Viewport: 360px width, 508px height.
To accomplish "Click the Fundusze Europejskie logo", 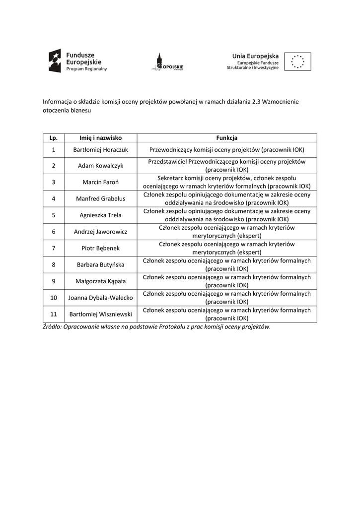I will click(77, 62).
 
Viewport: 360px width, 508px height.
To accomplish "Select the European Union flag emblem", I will click(298, 62).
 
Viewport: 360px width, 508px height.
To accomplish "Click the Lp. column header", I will click(54, 137).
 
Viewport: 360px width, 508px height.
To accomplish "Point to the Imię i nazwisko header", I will click(101, 137).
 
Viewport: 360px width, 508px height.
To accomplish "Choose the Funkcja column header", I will click(226, 137).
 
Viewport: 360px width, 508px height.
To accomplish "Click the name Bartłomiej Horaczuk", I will click(101, 149).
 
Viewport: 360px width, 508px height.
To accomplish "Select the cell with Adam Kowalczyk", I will click(101, 166).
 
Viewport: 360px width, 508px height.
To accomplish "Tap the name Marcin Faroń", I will click(101, 182).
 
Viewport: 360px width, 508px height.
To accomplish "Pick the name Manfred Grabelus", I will click(101, 198).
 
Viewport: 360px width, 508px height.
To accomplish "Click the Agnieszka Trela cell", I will click(101, 215).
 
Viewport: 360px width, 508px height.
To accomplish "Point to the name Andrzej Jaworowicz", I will click(101, 232).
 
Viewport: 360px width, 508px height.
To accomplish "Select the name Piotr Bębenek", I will click(101, 248).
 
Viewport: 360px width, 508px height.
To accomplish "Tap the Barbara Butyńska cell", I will click(101, 264).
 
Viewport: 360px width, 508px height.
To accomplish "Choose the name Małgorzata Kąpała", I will click(101, 281).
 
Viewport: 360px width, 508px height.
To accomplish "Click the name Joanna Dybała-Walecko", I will click(101, 298).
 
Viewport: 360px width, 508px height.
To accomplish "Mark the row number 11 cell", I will click(54, 314).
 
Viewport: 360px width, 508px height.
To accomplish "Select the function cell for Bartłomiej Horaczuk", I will click(226, 149).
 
